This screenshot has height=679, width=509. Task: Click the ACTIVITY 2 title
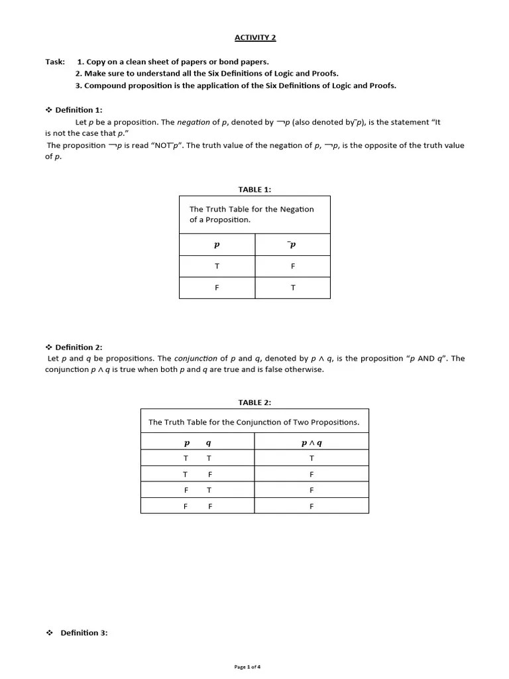click(255, 37)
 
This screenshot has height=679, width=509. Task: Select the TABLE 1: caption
click(254, 190)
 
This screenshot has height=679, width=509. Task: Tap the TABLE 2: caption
click(254, 402)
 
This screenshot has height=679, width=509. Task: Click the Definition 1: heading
click(79, 110)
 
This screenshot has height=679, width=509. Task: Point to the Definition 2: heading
click(79, 347)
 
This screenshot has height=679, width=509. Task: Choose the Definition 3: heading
click(84, 633)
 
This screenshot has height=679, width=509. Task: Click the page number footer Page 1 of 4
click(252, 667)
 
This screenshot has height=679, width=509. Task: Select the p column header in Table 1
click(217, 245)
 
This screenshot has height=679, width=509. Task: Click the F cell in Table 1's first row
click(293, 266)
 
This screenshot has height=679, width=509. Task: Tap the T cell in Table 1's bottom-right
click(293, 288)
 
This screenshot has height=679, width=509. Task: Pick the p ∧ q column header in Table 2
click(311, 442)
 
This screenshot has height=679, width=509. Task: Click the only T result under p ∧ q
click(311, 458)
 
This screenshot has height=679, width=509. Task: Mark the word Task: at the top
click(55, 62)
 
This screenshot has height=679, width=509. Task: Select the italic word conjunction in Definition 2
click(196, 359)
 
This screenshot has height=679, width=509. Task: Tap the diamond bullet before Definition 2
click(48, 347)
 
